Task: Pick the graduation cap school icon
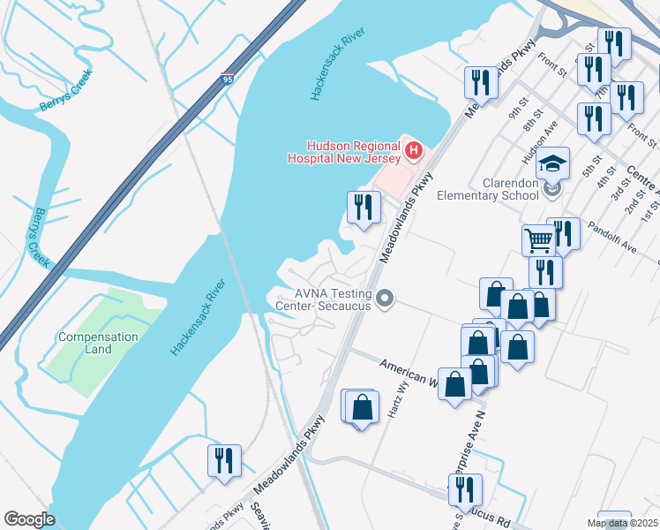click(x=553, y=163)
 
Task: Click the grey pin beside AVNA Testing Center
click(x=384, y=300)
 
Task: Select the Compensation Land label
click(x=98, y=343)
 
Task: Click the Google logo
click(x=29, y=519)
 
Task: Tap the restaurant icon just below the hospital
click(x=364, y=208)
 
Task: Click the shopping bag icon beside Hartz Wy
click(x=362, y=407)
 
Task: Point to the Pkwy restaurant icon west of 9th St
click(x=481, y=84)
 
